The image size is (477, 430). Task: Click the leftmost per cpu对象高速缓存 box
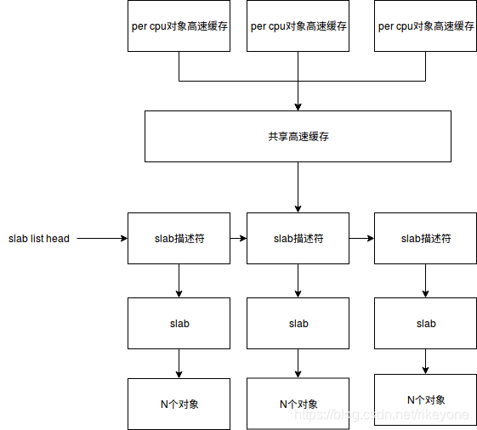click(x=179, y=26)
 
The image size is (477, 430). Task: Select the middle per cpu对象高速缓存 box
click(x=298, y=26)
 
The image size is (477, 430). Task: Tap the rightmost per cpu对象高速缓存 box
click(x=425, y=26)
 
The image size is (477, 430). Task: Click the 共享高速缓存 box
click(x=298, y=136)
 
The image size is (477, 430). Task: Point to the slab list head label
click(x=39, y=239)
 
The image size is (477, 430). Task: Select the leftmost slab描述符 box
click(x=179, y=239)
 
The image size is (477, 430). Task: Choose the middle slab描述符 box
click(x=298, y=239)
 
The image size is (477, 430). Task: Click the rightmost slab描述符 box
click(x=425, y=239)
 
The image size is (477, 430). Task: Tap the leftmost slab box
click(x=179, y=323)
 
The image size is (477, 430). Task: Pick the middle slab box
click(x=298, y=323)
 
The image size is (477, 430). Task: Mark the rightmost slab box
click(x=425, y=323)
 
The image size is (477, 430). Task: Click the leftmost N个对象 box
click(x=179, y=404)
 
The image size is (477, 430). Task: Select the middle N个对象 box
click(x=298, y=404)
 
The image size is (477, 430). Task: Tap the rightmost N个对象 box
click(x=425, y=399)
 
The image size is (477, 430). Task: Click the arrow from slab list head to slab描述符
click(x=100, y=239)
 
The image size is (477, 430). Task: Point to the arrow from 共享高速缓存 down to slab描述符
click(x=298, y=187)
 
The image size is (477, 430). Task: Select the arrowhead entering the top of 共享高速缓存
click(x=298, y=106)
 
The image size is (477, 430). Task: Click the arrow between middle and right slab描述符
click(x=361, y=239)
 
